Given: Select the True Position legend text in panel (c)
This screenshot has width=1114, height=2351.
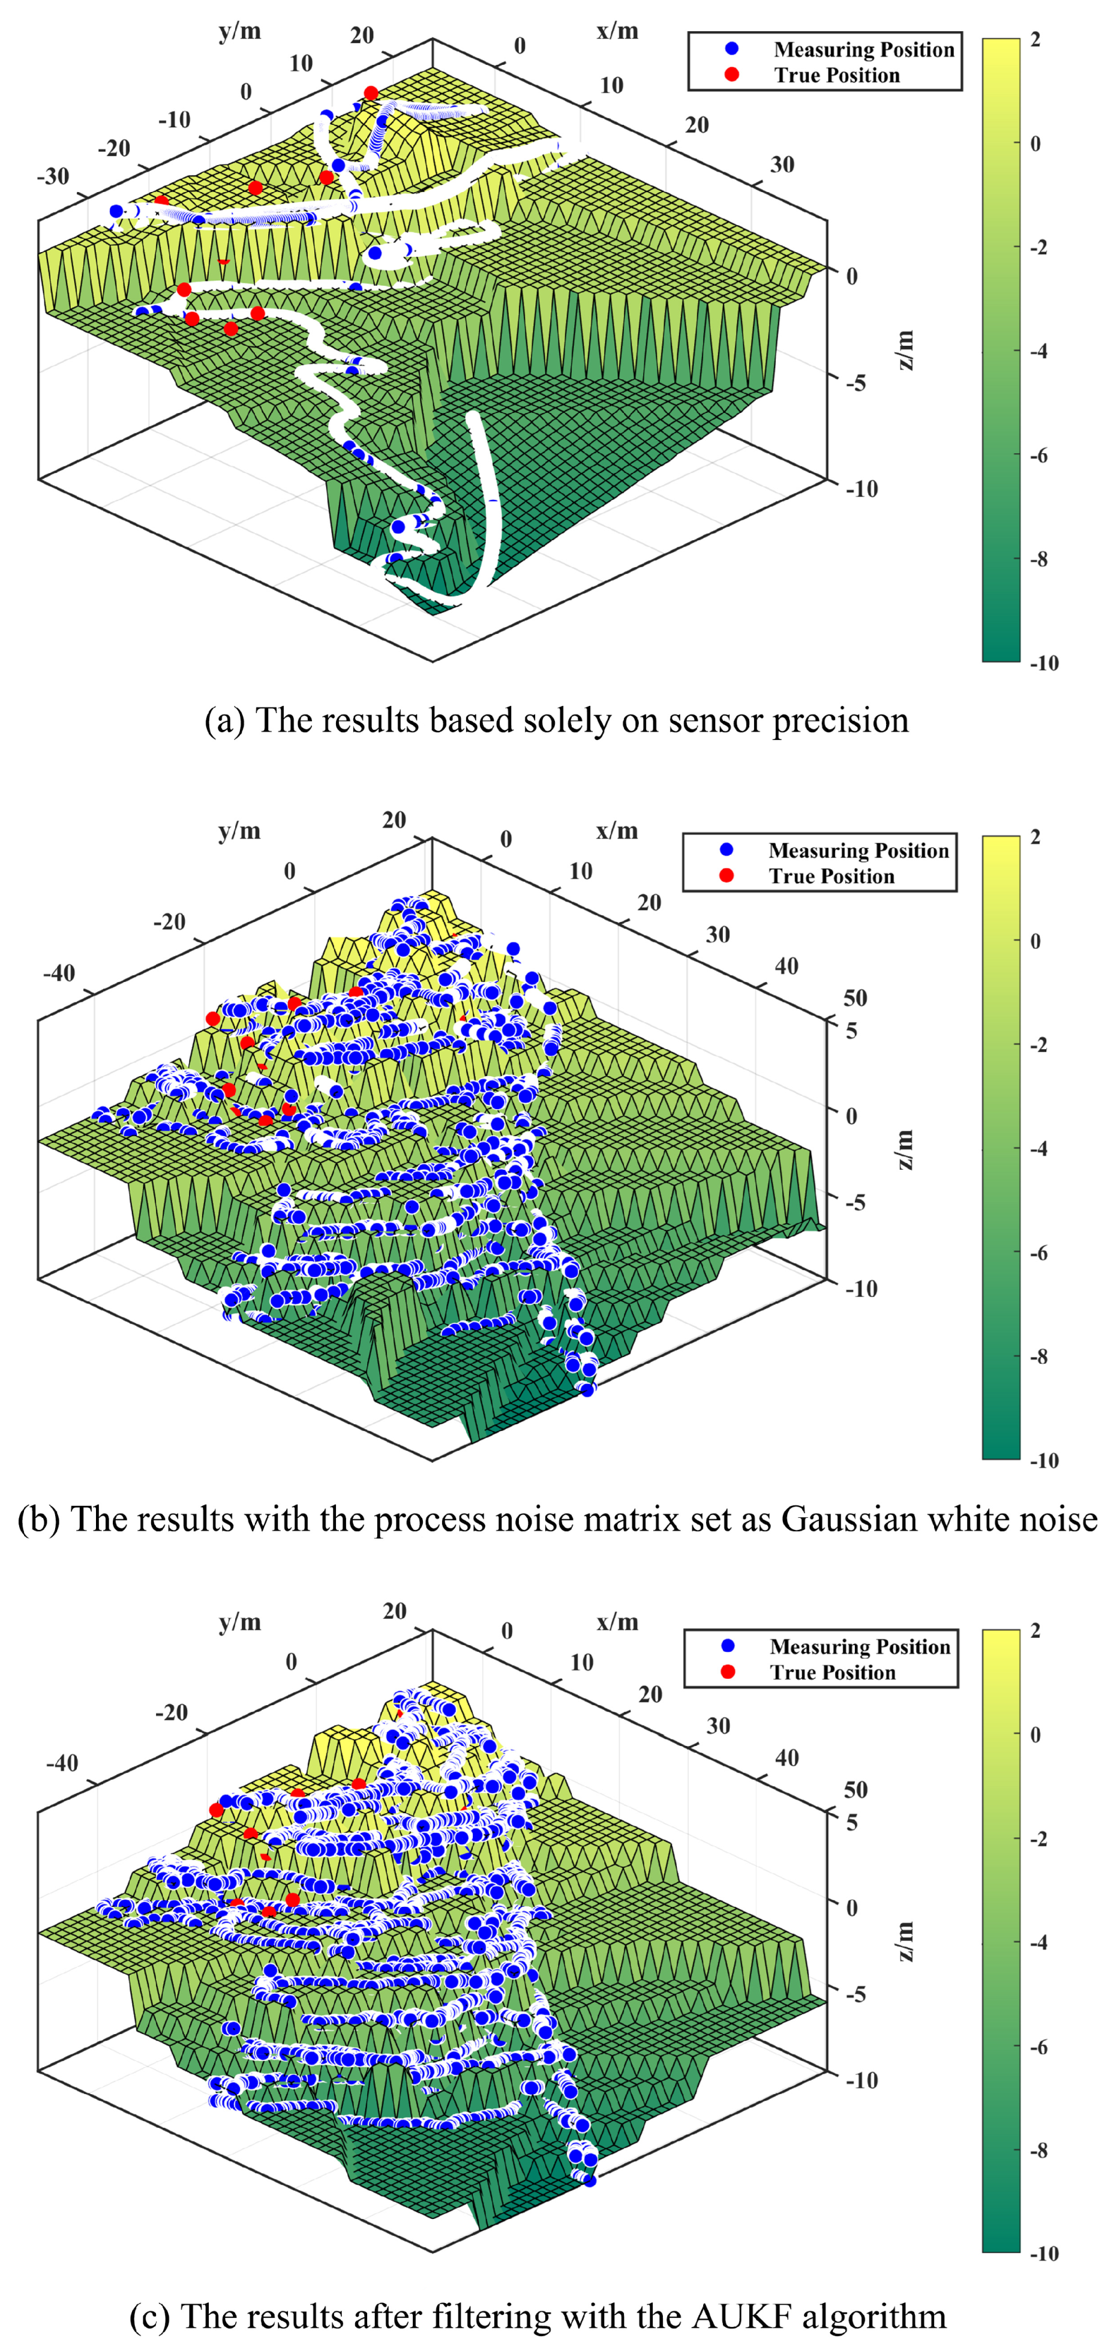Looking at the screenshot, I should [832, 1673].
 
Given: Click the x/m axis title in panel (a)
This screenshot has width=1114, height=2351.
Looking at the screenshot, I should [618, 31].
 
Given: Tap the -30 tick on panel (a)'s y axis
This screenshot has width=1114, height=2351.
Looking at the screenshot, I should [53, 176].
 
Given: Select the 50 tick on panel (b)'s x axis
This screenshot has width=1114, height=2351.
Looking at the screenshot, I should [855, 998].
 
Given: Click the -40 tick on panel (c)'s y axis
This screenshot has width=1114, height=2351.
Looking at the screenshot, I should [62, 1762].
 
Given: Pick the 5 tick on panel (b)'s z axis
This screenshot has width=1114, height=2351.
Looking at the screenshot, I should [851, 1031].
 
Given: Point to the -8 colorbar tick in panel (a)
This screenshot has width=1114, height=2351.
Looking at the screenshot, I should [1038, 559].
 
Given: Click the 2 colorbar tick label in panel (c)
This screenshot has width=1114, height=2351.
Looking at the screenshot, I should [1035, 1631].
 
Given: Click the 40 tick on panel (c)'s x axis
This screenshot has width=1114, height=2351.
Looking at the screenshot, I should [786, 1758].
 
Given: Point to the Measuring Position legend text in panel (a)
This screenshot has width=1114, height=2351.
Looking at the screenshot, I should [863, 49].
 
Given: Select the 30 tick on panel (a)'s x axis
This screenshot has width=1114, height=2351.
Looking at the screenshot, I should [782, 164].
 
